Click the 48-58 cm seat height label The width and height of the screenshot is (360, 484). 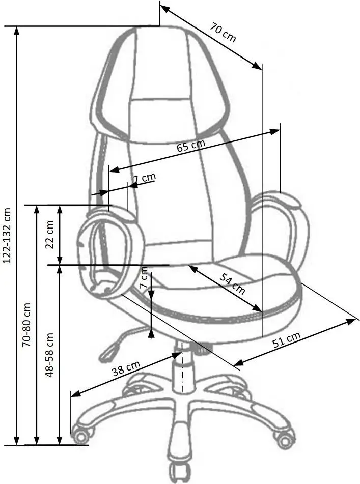(49, 355)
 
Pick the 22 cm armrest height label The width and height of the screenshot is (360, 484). (49, 235)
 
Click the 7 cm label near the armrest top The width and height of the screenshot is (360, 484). (144, 178)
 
